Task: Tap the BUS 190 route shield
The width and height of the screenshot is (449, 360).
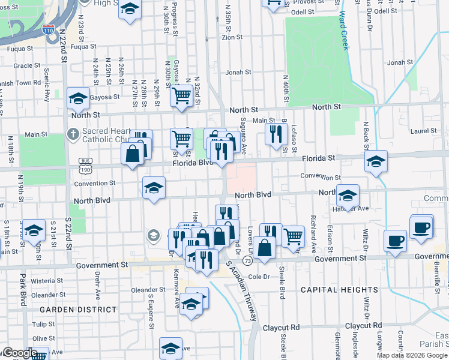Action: coord(85,161)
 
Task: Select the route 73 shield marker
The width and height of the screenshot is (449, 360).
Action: coord(247,262)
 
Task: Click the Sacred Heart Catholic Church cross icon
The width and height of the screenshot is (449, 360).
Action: coord(73,133)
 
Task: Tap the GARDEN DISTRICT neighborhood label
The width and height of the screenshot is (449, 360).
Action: coord(78,309)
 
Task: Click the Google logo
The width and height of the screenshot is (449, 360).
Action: coord(19,353)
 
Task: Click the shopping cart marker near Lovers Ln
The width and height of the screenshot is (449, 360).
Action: coord(293,235)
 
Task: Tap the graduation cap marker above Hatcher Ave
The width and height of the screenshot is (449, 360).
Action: coord(348,194)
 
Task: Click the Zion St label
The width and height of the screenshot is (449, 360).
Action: coord(232,37)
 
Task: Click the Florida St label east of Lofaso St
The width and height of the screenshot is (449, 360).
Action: coord(319,158)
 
